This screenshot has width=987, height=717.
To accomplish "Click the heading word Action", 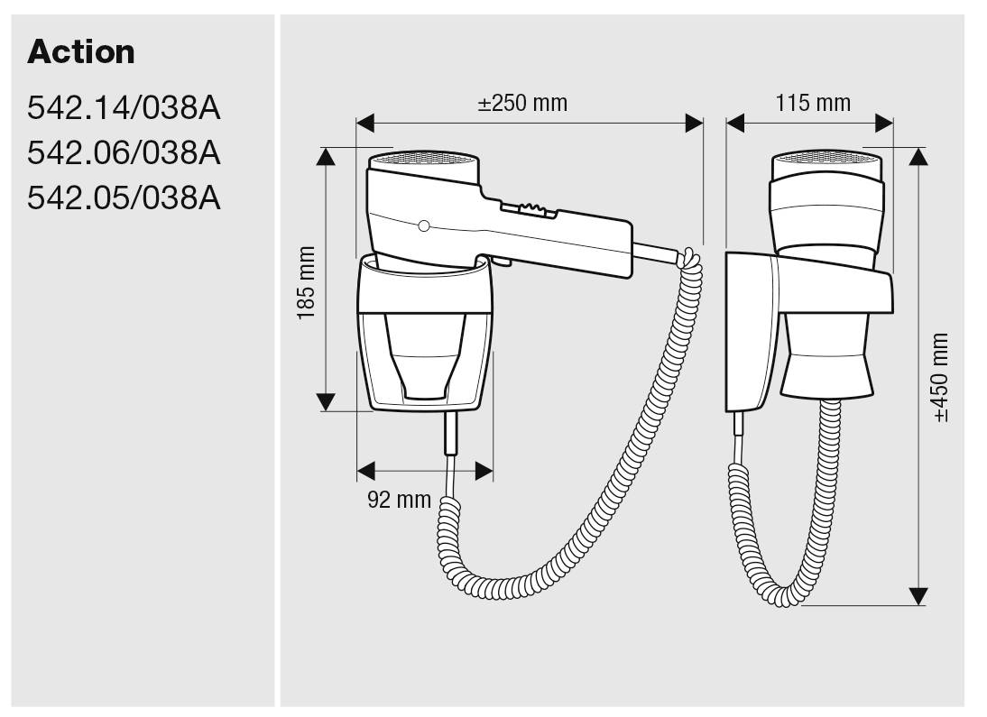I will (81, 52).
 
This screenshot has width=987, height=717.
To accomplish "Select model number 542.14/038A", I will (124, 109).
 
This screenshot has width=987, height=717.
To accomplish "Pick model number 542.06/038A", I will (124, 153).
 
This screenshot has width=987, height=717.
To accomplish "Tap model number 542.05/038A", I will (124, 198).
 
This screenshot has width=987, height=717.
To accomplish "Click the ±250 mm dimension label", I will (522, 103).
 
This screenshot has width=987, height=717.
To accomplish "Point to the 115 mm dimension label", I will (812, 103).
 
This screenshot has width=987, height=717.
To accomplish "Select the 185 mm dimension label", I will (306, 282).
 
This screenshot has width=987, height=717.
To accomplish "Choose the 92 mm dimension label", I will (399, 500).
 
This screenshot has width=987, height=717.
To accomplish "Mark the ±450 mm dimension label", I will (940, 378).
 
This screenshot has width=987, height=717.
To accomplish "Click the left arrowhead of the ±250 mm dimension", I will (365, 124).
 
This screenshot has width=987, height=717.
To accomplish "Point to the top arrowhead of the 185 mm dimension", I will (326, 157).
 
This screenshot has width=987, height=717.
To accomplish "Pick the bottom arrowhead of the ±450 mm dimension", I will (918, 596).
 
